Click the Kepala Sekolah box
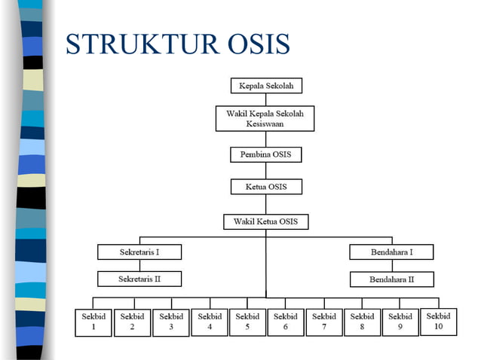pyautogui.click(x=265, y=85)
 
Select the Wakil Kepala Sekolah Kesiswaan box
pyautogui.click(x=265, y=118)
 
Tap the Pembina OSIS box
pyautogui.click(x=265, y=154)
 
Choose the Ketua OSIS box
pyautogui.click(x=265, y=186)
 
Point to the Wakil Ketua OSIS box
pyautogui.click(x=265, y=221)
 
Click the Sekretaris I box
pyautogui.click(x=139, y=252)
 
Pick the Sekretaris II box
pyautogui.click(x=139, y=279)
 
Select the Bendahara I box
pyautogui.click(x=391, y=252)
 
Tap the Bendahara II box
pyautogui.click(x=391, y=279)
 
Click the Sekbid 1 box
pyautogui.click(x=93, y=322)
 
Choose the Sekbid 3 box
pyautogui.click(x=171, y=322)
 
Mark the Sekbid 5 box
pyautogui.click(x=247, y=322)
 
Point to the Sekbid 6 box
pyautogui.click(x=286, y=322)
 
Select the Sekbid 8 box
pyautogui.click(x=362, y=322)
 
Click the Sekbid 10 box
pyautogui.click(x=439, y=322)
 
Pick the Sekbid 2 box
pyautogui.click(x=132, y=322)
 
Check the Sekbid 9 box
pyautogui.click(x=400, y=322)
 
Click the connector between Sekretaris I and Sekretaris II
pyautogui.click(x=139, y=265)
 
